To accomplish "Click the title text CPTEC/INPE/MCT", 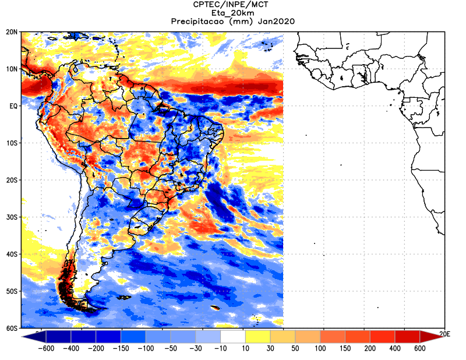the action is click(231, 5).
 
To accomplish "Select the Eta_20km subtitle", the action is click(232, 13).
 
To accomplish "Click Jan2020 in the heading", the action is click(276, 22).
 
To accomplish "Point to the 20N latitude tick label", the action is click(12, 32).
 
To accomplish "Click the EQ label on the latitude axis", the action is click(13, 106).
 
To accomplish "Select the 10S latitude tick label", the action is click(12, 143).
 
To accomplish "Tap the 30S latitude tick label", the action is click(12, 217).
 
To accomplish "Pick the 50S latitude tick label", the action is click(12, 291).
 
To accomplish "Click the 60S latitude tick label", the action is click(12, 328).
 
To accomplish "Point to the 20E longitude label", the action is click(444, 334).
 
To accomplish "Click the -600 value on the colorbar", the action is click(46, 348).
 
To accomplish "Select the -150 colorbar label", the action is click(121, 348).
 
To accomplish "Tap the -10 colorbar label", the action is click(220, 348).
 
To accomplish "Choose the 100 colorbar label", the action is click(320, 348).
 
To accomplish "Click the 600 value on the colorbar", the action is click(419, 348).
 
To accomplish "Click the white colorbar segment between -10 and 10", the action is click(233, 337).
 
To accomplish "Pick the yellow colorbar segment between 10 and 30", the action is click(258, 337).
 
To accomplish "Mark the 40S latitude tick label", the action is click(12, 254).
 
